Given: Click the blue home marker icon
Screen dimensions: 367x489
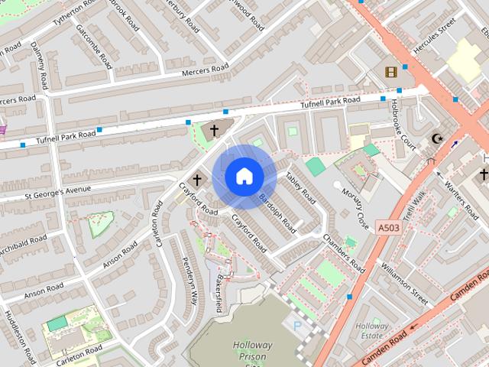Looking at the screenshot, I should pyautogui.click(x=244, y=177).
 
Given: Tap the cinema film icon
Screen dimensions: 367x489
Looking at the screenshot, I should pyautogui.click(x=391, y=72).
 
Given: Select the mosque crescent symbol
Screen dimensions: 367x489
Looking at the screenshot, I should pyautogui.click(x=437, y=138).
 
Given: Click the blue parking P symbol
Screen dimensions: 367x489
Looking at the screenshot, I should pyautogui.click(x=298, y=326).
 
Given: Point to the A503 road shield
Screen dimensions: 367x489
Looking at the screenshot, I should pyautogui.click(x=387, y=227).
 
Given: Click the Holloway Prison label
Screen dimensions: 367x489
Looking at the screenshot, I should pyautogui.click(x=250, y=351).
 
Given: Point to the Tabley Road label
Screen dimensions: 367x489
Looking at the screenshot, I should pyautogui.click(x=300, y=187).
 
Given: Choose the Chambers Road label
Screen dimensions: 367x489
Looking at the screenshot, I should pyautogui.click(x=342, y=254).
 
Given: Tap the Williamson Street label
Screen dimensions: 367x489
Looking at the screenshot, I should pyautogui.click(x=405, y=281).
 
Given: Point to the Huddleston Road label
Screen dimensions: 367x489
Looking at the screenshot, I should pyautogui.click(x=20, y=336).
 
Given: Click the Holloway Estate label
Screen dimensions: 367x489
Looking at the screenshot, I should pyautogui.click(x=372, y=330).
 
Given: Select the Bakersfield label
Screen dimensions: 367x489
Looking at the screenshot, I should pyautogui.click(x=219, y=293).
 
